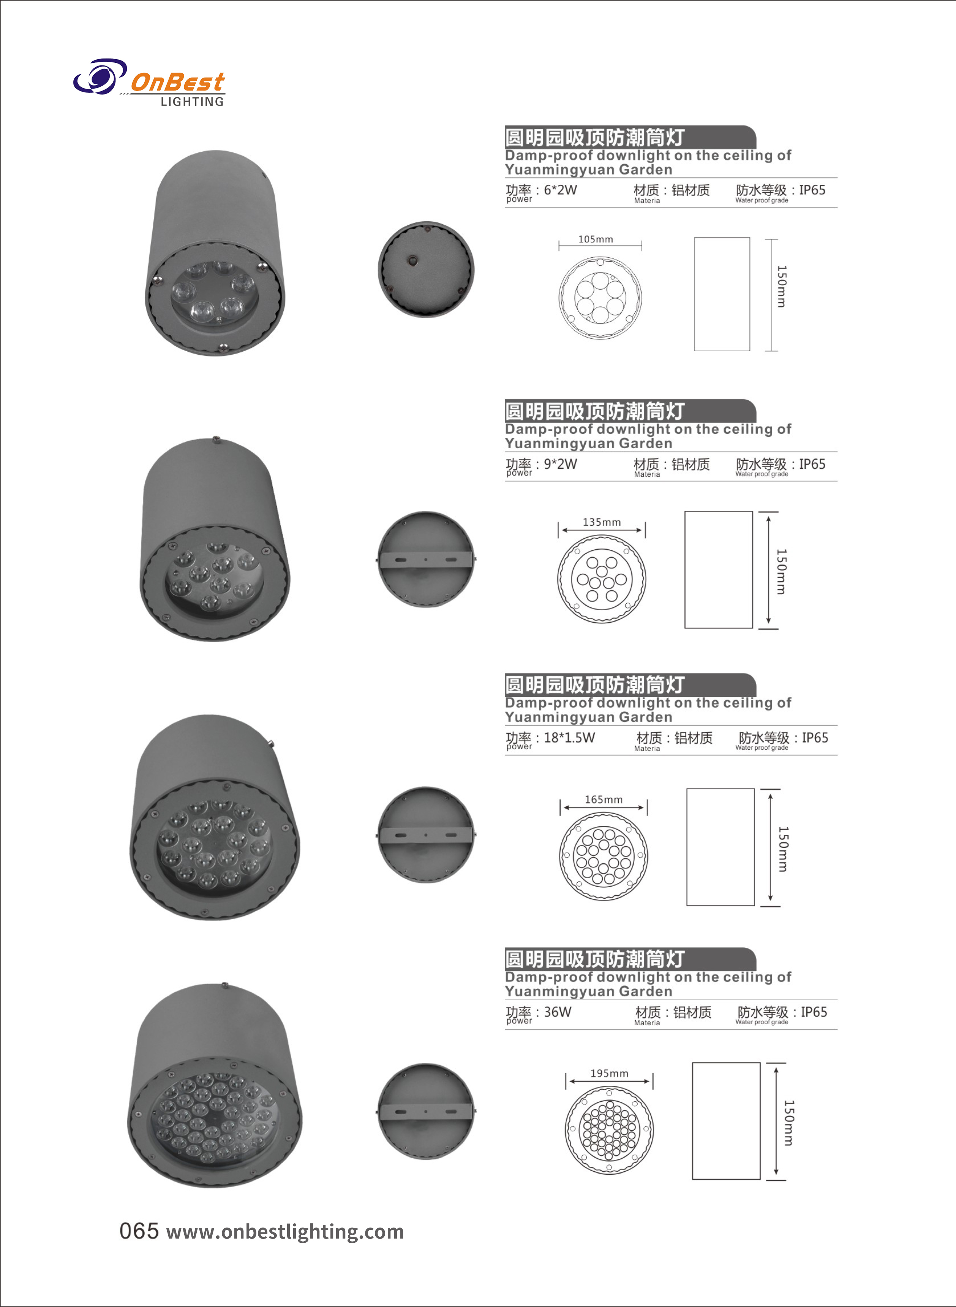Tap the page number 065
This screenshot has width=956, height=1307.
tap(139, 1231)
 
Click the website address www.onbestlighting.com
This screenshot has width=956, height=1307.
tap(285, 1232)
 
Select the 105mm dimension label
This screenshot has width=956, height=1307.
tap(596, 239)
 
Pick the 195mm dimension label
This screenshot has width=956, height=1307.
tap(609, 1073)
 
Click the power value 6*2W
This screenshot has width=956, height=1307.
tap(560, 190)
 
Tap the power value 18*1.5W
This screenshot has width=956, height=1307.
tap(569, 738)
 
